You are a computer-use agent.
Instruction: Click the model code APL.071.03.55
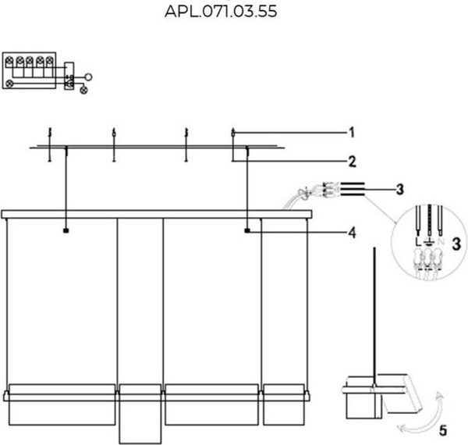[x=221, y=12]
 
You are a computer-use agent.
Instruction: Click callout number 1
[x=352, y=131]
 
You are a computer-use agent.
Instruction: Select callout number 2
[x=352, y=162]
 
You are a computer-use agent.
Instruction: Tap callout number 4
[x=352, y=232]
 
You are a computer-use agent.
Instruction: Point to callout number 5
[x=442, y=429]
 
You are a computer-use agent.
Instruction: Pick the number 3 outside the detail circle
[x=399, y=189]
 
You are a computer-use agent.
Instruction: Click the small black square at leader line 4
[x=247, y=231]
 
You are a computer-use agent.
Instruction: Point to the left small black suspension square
[x=66, y=231]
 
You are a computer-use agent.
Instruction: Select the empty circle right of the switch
[x=88, y=76]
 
